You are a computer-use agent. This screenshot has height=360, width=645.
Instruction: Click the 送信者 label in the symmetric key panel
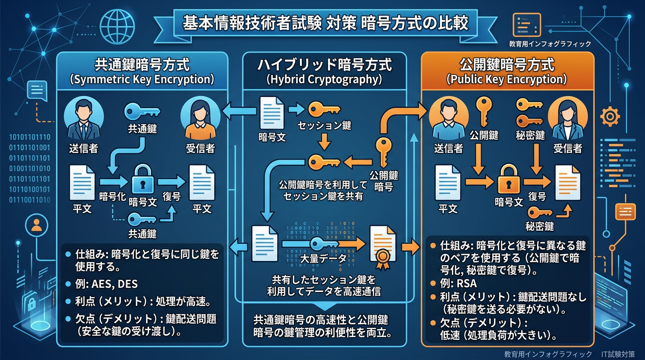pos(83,149)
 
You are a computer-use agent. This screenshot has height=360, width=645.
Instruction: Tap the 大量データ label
pos(323,258)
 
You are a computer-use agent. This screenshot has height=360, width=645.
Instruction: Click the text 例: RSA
pos(454,284)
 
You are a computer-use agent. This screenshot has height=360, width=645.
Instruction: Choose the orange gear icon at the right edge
pos(610,116)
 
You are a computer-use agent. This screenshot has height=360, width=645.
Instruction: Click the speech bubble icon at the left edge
pos(37,89)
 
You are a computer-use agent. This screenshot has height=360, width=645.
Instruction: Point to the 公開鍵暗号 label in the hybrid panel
pos(383,181)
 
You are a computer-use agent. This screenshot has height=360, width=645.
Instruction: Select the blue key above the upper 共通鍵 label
pos(142,112)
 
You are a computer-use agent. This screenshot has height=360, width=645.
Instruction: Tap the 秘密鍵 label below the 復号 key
pos(539,226)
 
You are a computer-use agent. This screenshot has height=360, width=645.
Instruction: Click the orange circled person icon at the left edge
pos(36,226)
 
